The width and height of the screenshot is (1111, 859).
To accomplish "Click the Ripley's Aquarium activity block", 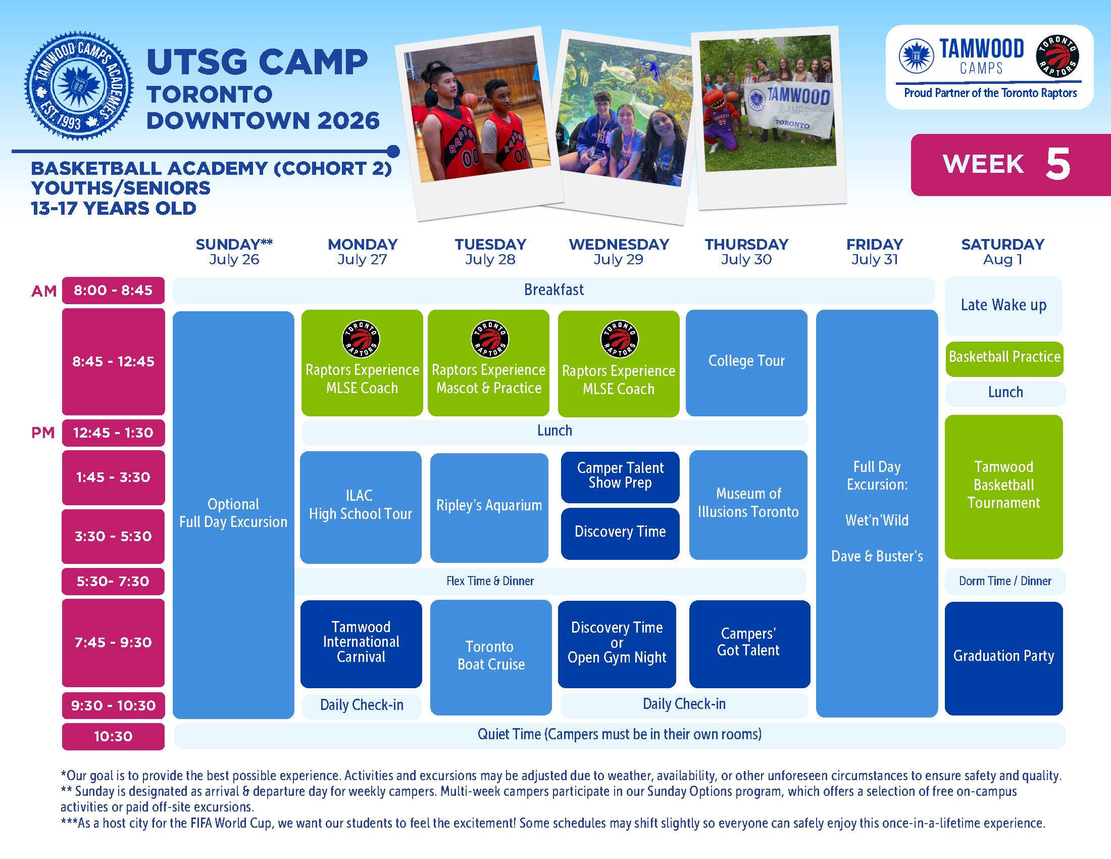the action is click(489, 507).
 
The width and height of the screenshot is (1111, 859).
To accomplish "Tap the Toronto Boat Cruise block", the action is click(491, 657).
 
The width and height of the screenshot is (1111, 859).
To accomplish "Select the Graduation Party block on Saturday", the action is click(1003, 658).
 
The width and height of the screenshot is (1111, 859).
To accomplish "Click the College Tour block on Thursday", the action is click(746, 362).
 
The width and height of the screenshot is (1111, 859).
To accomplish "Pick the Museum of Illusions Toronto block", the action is click(748, 505).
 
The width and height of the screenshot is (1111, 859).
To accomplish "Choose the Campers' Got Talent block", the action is click(749, 644).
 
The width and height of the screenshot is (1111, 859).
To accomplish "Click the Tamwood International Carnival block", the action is click(361, 644).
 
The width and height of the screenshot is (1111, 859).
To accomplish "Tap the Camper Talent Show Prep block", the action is click(620, 477).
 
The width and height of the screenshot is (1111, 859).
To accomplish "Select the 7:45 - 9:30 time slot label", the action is click(114, 642).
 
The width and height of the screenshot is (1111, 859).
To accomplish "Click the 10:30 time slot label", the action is click(114, 736).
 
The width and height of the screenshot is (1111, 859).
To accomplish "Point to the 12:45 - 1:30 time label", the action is click(114, 433).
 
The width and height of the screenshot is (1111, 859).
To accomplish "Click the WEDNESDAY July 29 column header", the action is click(619, 252).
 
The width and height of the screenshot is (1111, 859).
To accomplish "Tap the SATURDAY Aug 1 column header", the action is click(1002, 252).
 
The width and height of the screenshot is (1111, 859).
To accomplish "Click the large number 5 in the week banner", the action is click(1058, 164).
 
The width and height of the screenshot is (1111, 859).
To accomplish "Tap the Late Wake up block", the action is click(1003, 305).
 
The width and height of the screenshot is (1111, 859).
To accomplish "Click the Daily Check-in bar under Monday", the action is click(362, 705).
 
